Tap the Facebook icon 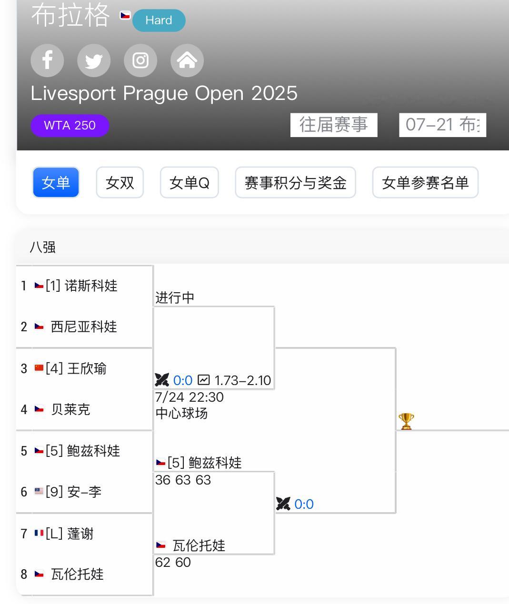click(x=47, y=60)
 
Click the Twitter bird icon click(x=94, y=60)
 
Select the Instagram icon click(x=140, y=60)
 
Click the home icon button click(x=187, y=60)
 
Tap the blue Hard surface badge click(x=159, y=20)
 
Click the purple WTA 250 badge click(x=70, y=126)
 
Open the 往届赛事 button click(x=334, y=125)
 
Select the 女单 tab click(x=56, y=182)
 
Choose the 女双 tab click(x=120, y=182)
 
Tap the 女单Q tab click(x=189, y=182)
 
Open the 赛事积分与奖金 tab click(x=295, y=182)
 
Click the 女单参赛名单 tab click(x=425, y=182)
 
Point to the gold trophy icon click(x=406, y=421)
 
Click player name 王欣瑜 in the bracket click(x=87, y=368)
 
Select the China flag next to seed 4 click(x=39, y=367)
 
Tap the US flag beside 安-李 click(x=39, y=491)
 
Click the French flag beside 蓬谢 click(x=39, y=533)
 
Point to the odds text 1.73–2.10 click(x=242, y=380)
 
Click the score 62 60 click(x=173, y=562)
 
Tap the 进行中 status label click(x=175, y=297)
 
